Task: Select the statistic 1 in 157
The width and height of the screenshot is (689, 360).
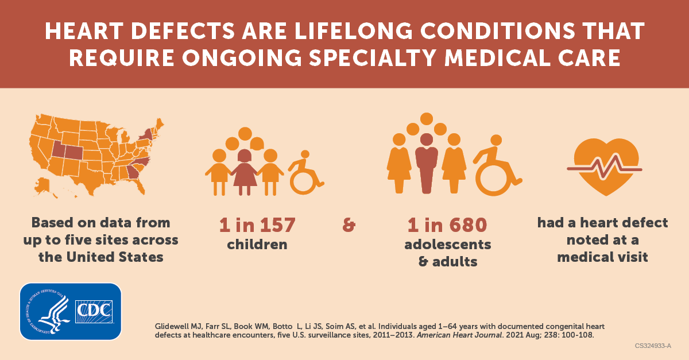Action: pos(257,224)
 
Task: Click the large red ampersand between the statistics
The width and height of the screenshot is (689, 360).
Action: pos(349,225)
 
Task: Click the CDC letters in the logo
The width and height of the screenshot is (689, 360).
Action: pos(94,312)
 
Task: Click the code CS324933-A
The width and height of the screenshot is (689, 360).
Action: pos(653,346)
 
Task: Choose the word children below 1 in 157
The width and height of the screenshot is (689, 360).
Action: pos(257,244)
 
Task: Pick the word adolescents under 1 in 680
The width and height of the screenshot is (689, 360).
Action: pos(448,244)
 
